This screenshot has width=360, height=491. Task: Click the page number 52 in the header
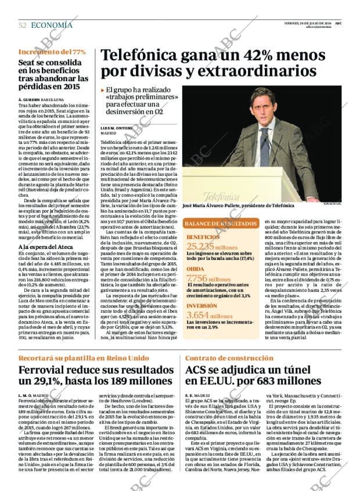[x=22, y=25]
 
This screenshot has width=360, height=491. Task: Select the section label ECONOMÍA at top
[x=52, y=25]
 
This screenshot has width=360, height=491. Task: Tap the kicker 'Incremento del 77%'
[x=52, y=52]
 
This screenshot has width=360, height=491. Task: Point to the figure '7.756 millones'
[x=208, y=279]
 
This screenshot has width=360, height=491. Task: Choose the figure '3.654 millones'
[x=208, y=315]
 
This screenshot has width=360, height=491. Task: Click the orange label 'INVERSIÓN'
[x=202, y=305]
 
